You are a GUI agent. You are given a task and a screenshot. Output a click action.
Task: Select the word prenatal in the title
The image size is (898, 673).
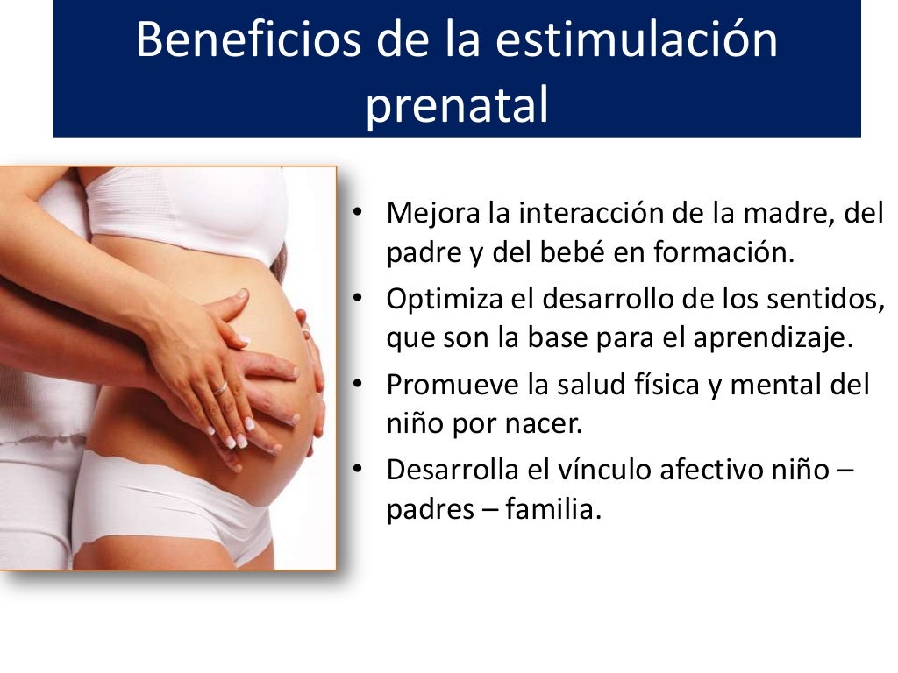click(456, 104)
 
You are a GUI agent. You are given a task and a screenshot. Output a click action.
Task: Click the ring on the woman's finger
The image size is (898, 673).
click(219, 387)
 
